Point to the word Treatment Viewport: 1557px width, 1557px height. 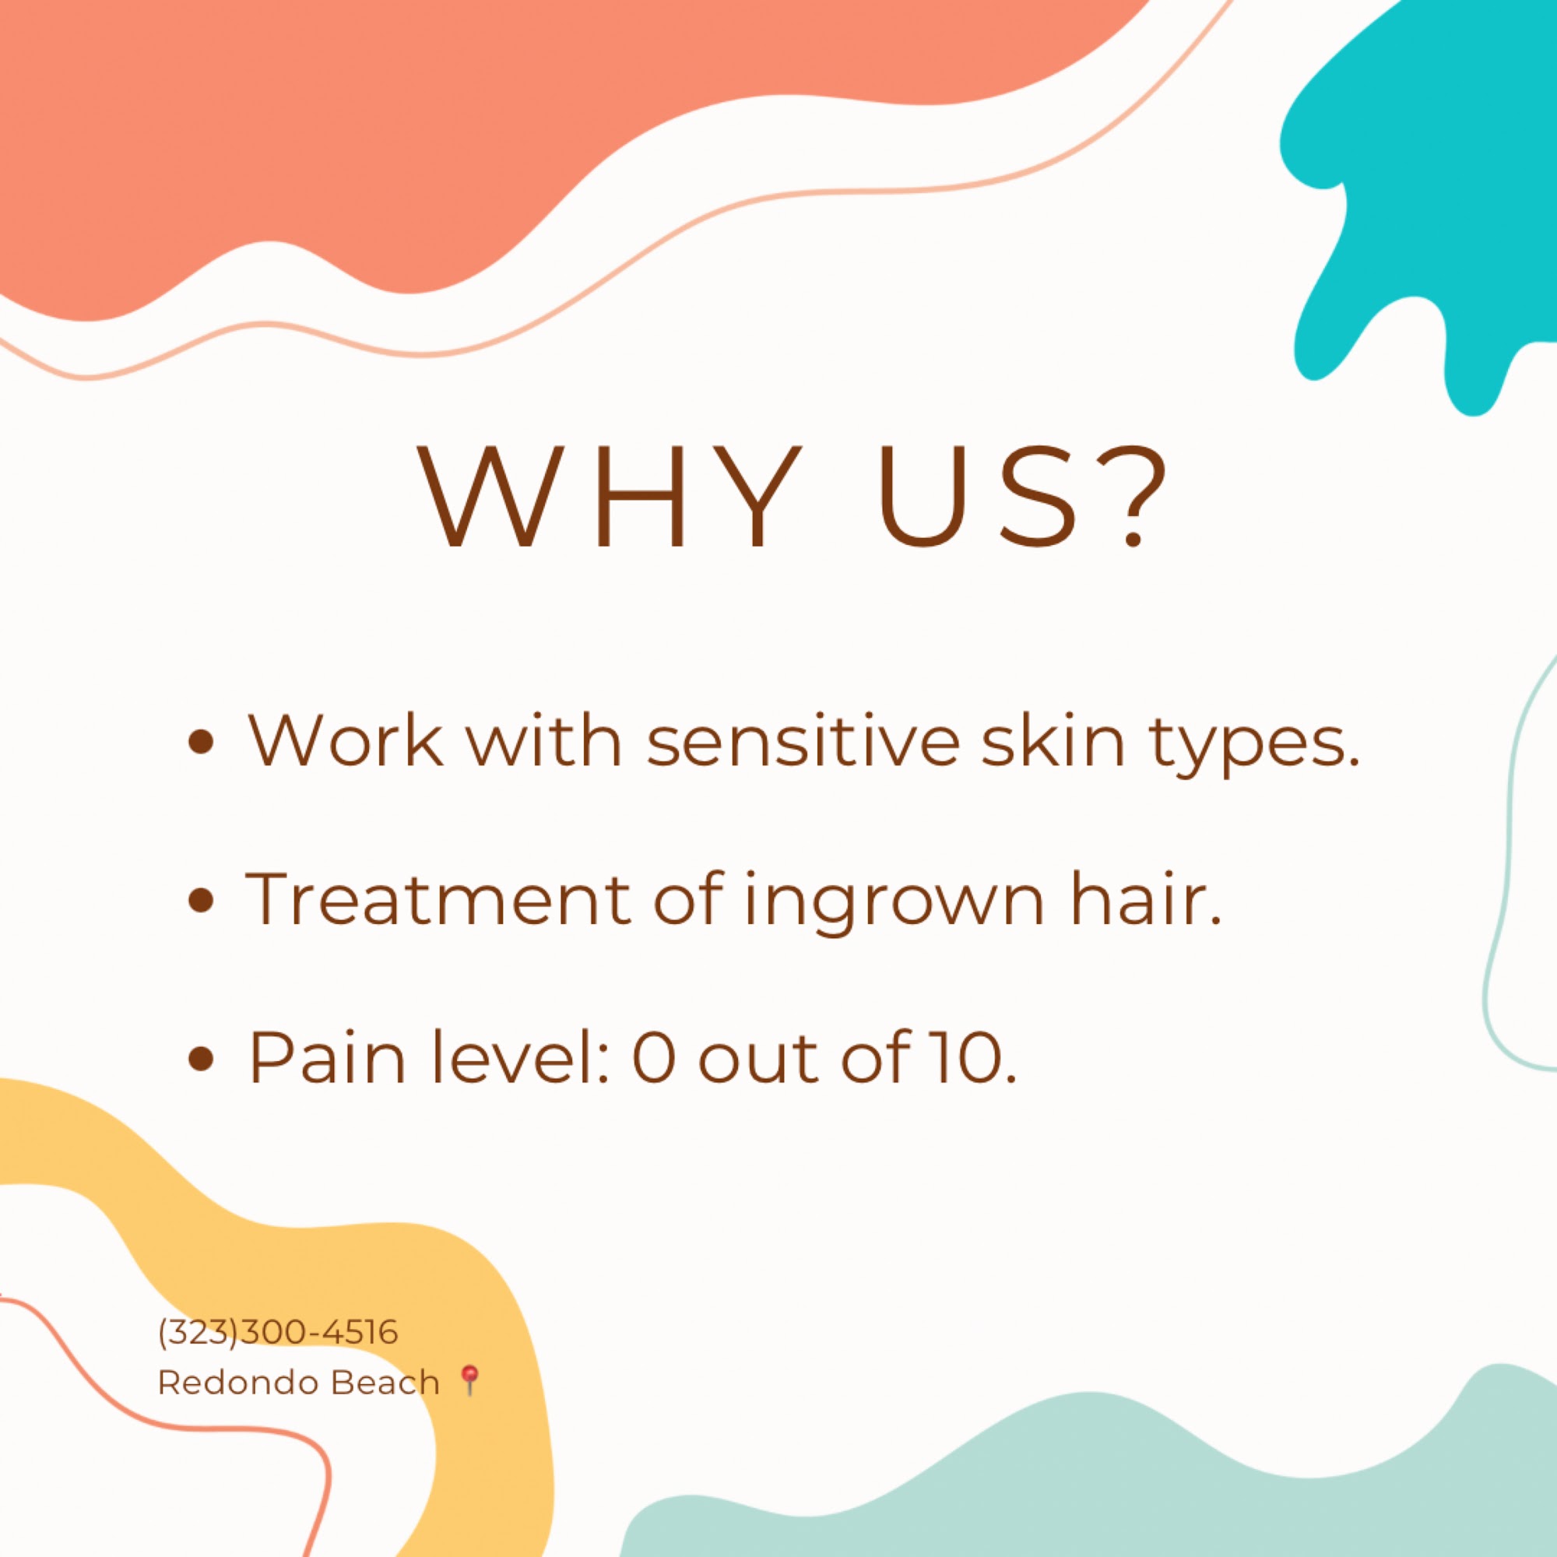point(438,898)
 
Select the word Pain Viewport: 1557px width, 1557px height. point(327,1056)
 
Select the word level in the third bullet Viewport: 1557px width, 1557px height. point(520,1056)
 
